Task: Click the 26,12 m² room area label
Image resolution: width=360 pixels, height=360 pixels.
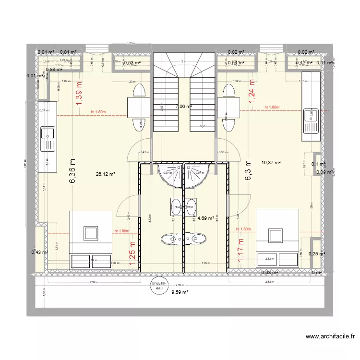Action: [106, 174]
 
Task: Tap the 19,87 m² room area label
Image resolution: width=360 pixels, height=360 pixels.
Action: [270, 163]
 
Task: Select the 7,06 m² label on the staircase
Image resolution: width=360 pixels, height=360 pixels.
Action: [184, 107]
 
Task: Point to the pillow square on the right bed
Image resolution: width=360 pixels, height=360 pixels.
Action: [275, 235]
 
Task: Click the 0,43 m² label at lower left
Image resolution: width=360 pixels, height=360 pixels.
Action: [39, 252]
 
